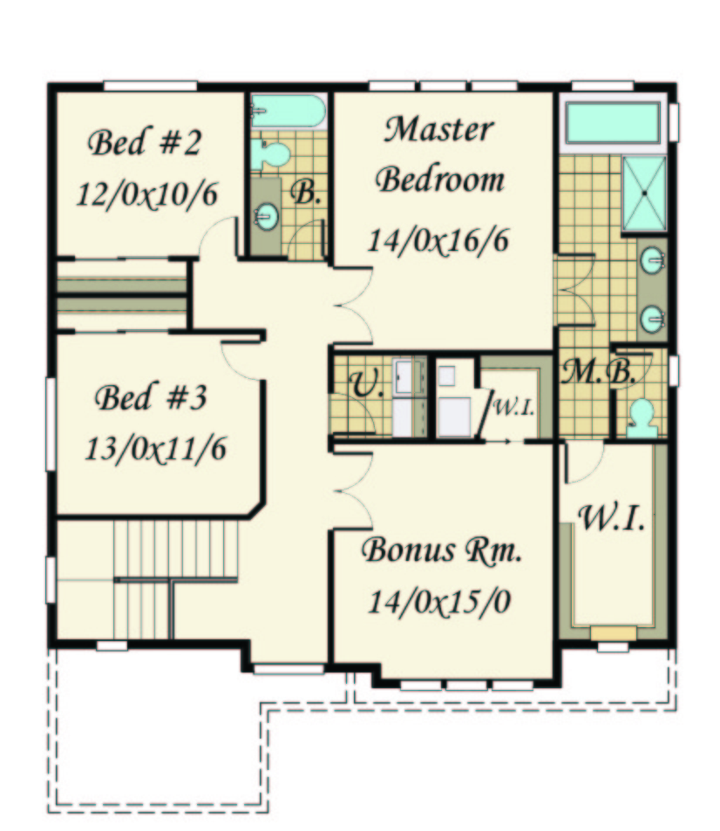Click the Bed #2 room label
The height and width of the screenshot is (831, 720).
click(x=144, y=143)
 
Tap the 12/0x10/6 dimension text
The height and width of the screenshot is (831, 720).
click(x=146, y=194)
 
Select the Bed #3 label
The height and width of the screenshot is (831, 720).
click(x=150, y=397)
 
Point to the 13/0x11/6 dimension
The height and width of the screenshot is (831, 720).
click(x=155, y=449)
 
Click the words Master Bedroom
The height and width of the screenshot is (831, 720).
click(x=439, y=154)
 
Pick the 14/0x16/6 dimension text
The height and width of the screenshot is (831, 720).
click(x=438, y=240)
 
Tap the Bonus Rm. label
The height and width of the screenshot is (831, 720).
click(x=441, y=551)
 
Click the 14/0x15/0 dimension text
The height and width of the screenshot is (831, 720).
click(x=439, y=602)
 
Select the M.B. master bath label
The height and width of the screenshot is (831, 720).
click(x=598, y=372)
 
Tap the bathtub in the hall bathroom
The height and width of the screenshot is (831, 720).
click(x=288, y=111)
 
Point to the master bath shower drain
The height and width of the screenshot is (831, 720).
click(x=644, y=193)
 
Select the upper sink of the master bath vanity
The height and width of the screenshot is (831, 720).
click(x=652, y=260)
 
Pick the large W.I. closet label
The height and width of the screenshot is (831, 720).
click(x=611, y=517)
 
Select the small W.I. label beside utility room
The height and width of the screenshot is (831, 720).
click(x=513, y=408)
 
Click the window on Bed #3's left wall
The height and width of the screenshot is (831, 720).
click(x=51, y=423)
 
